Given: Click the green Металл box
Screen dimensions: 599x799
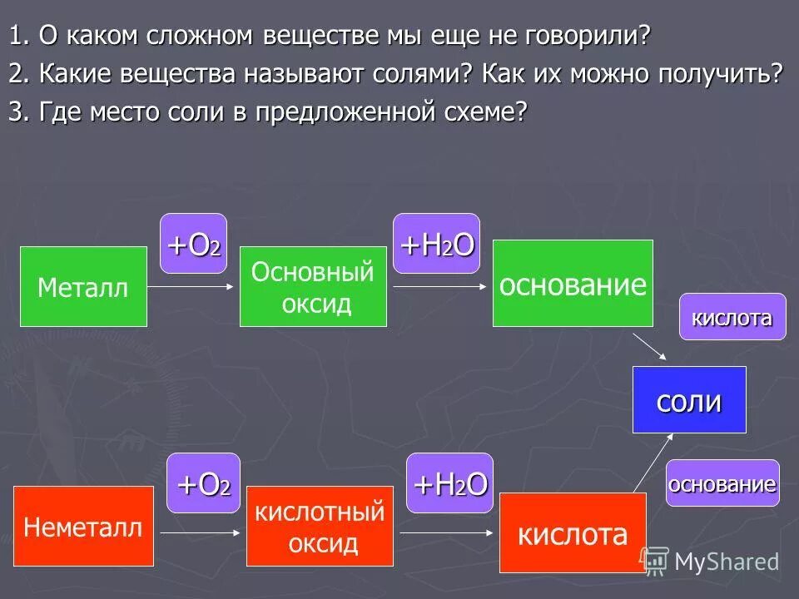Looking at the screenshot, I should (83, 287).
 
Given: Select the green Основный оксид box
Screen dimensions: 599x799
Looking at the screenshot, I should (313, 287).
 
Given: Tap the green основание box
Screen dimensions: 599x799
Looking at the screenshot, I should (573, 284).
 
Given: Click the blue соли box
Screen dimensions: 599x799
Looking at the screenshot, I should (689, 400).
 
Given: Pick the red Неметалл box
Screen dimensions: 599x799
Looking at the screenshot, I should (83, 527).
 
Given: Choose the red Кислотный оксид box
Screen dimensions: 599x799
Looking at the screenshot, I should (320, 527).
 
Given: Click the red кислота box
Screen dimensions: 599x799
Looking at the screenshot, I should (573, 533).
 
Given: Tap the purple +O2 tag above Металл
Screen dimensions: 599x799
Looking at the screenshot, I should (193, 244).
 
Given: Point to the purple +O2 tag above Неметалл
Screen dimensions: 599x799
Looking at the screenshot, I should (203, 483).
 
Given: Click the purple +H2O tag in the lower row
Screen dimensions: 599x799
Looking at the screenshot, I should (449, 483).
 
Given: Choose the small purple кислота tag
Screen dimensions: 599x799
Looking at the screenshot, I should (732, 317).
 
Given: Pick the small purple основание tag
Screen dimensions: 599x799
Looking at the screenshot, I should (722, 483).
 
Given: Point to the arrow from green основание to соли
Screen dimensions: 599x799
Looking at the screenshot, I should (650, 347).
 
